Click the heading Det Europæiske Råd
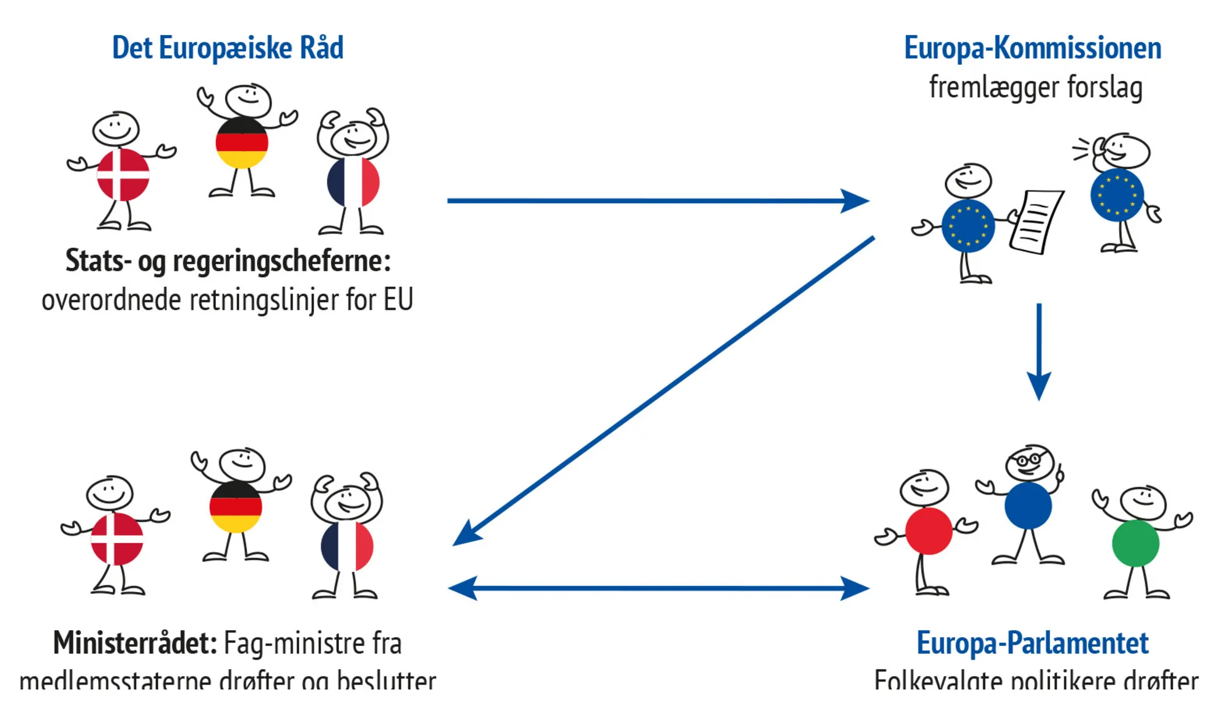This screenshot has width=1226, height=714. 227,48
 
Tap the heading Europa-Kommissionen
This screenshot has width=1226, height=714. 1032,48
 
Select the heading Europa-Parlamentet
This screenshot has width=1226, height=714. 1032,643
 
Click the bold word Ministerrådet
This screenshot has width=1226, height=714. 135,644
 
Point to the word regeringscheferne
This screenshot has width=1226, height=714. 281,261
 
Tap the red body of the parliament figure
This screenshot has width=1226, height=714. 929,531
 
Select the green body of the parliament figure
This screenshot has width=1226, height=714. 1135,543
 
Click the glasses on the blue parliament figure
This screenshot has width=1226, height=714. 1029,459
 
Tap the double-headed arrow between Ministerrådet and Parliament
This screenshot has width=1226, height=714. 659,588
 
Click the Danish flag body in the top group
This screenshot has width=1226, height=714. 123,175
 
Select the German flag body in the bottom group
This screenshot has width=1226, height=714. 236,507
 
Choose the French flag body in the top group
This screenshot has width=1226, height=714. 353,182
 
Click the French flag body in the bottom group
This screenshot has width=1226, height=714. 347,546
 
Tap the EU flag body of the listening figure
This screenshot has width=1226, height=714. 1117,195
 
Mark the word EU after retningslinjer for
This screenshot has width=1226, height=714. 398,300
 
